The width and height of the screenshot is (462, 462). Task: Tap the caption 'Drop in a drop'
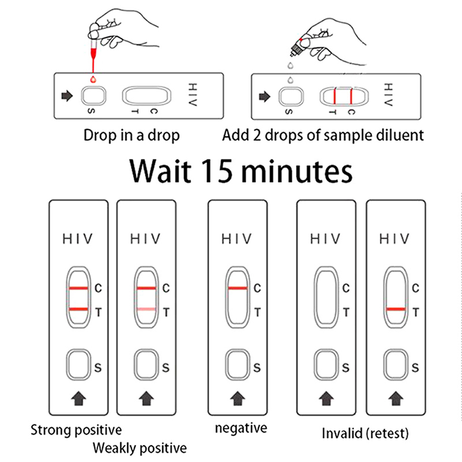[x=132, y=135]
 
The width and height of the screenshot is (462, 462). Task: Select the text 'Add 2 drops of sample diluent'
[x=323, y=135]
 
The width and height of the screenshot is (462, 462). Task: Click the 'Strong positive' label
[x=76, y=430]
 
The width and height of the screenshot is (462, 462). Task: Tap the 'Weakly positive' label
[x=140, y=448]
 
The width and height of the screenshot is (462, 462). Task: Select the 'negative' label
[x=241, y=429]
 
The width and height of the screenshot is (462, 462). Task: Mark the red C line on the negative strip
[x=237, y=288]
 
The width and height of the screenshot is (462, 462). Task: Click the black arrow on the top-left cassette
[x=67, y=96]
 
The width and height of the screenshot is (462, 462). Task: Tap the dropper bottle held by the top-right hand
[x=299, y=45]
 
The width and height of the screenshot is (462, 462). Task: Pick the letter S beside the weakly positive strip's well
[x=166, y=367]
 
